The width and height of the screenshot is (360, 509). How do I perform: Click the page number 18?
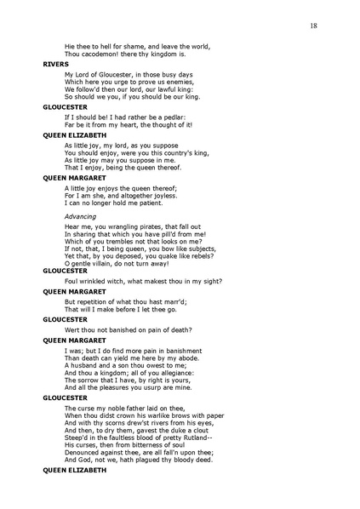coord(314,27)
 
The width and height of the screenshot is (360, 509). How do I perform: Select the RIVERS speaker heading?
coord(55,63)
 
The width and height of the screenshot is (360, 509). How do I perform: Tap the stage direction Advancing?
coord(80,217)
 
